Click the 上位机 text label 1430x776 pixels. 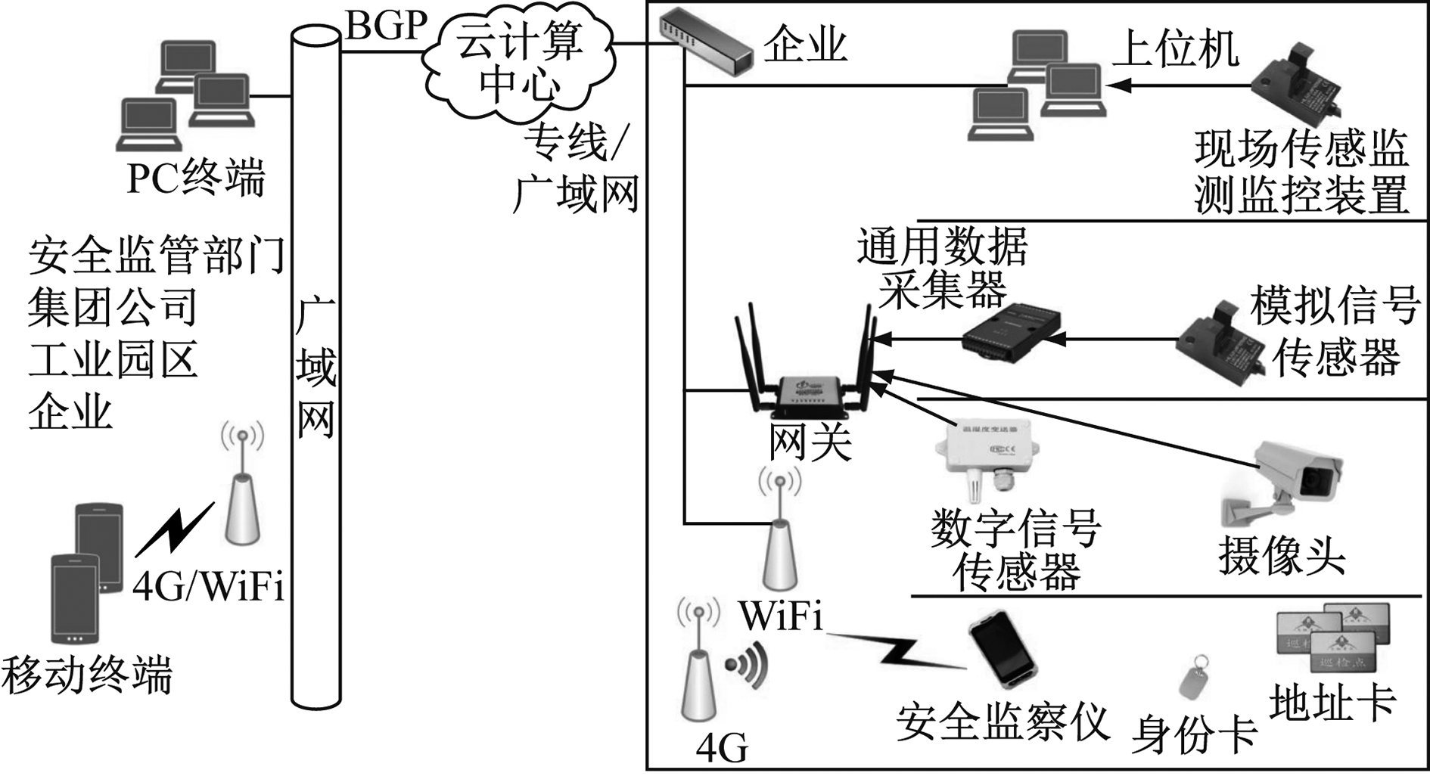1175,50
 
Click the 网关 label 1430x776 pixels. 810,442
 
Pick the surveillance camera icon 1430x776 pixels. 1282,480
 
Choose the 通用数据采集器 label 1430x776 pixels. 943,268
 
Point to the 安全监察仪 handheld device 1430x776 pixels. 1003,650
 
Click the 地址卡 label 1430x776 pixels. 1332,703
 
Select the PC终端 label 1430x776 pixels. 196,178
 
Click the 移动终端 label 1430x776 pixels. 87,674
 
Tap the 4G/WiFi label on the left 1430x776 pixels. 209,586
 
